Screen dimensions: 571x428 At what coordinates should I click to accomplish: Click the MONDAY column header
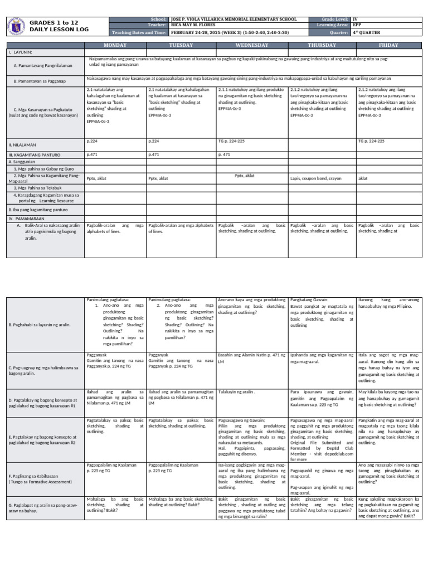pos(115,45)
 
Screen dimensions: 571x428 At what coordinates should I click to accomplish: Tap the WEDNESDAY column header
pos(252,45)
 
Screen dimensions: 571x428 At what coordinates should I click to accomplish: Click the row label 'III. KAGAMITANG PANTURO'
pos(33,154)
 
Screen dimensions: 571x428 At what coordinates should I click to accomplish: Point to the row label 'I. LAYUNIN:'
pos(19,52)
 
